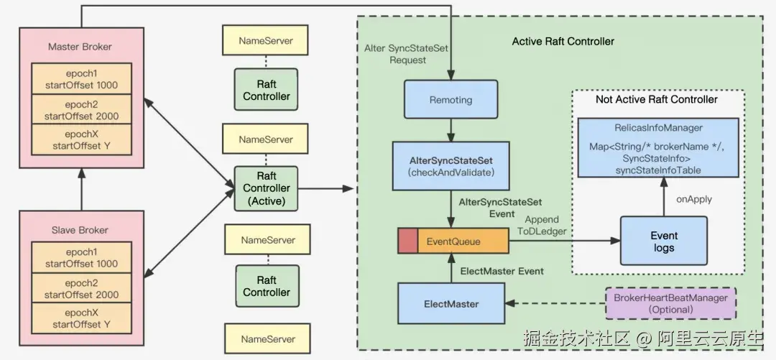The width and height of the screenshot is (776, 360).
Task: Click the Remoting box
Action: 451,100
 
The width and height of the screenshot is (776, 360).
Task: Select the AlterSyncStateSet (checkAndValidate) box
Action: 451,166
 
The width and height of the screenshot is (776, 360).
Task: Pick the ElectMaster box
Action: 451,304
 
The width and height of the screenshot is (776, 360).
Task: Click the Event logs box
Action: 663,241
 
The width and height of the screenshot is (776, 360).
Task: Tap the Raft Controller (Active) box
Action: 266,189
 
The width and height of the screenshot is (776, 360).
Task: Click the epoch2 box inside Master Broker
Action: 80,109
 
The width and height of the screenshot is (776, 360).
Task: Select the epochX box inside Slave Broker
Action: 80,319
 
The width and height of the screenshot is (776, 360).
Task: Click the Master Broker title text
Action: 80,47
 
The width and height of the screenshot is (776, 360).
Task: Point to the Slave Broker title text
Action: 80,230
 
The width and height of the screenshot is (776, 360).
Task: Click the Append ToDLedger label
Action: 542,225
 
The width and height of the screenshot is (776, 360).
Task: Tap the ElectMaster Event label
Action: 502,271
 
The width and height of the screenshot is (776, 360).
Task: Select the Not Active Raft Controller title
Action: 656,99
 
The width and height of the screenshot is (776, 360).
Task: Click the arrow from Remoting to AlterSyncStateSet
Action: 451,129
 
